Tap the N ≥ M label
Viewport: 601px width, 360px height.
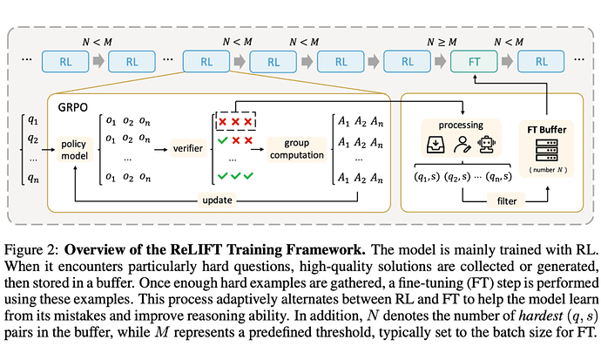pos(442,40)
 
